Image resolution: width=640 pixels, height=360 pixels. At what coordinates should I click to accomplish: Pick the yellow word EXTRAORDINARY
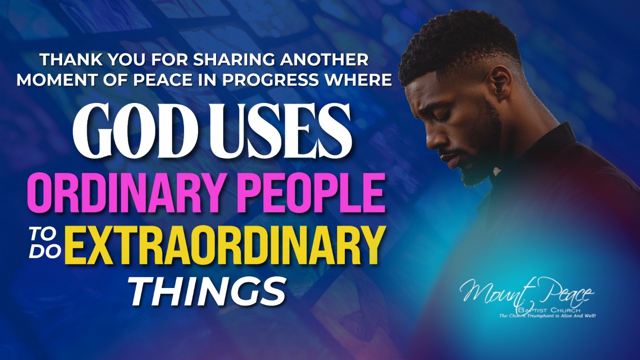(223, 245)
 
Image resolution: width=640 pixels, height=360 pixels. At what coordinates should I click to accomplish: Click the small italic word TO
(46, 236)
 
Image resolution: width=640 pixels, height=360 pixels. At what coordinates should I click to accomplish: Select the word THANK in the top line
(72, 60)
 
